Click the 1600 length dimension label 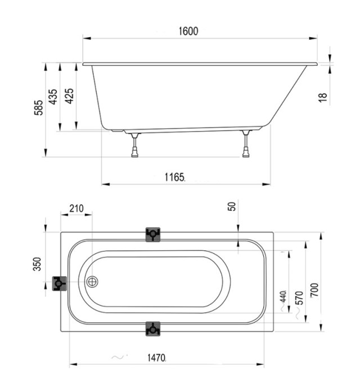tap(188, 31)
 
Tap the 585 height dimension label tap(39, 107)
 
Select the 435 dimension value tap(53, 97)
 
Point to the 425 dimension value tap(69, 96)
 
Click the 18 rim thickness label tap(323, 97)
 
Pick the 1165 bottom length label tap(175, 177)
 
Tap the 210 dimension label tap(76, 209)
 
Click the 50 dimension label tap(232, 206)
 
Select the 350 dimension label tap(37, 264)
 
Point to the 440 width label tap(283, 296)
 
